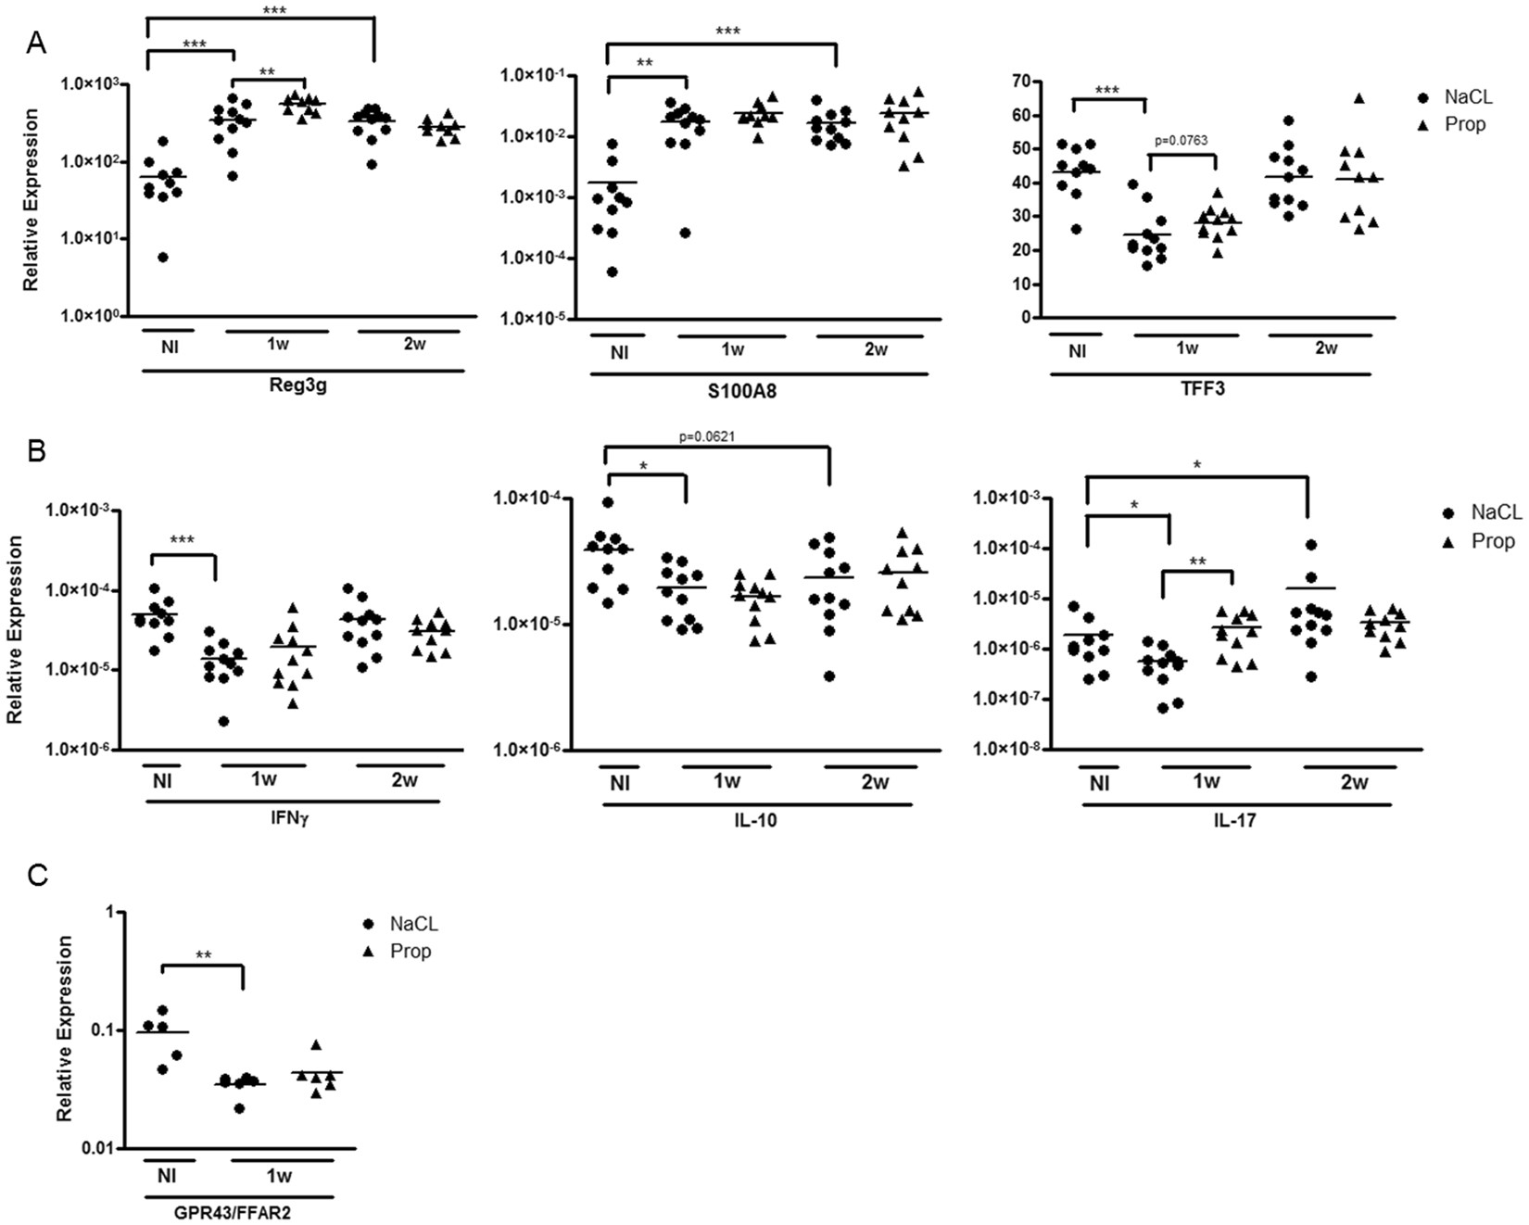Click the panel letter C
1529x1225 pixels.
pyautogui.click(x=37, y=875)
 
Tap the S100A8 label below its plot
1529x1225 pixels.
pyautogui.click(x=750, y=390)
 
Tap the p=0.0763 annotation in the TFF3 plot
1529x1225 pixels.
pyautogui.click(x=1181, y=141)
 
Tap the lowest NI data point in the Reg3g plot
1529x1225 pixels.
pyautogui.click(x=163, y=258)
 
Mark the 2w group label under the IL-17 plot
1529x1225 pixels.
pyautogui.click(x=1354, y=782)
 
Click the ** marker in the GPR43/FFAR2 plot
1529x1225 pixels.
pyautogui.click(x=202, y=955)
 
